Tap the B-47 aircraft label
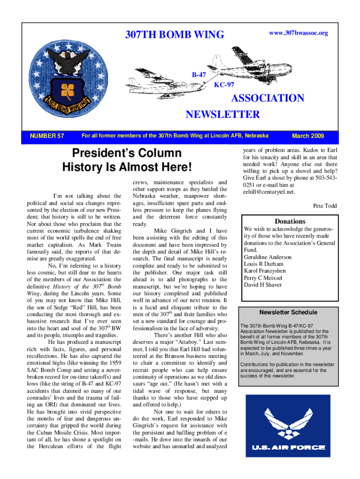[x=200, y=75]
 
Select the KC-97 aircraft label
[x=224, y=85]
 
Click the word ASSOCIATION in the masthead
[x=268, y=98]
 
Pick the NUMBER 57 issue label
[x=47, y=136]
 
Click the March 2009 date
[x=307, y=136]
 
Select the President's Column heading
[x=126, y=153]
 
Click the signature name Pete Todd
[x=324, y=205]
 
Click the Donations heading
[x=290, y=221]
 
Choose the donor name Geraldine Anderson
[x=267, y=257]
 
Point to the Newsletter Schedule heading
[x=288, y=312]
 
